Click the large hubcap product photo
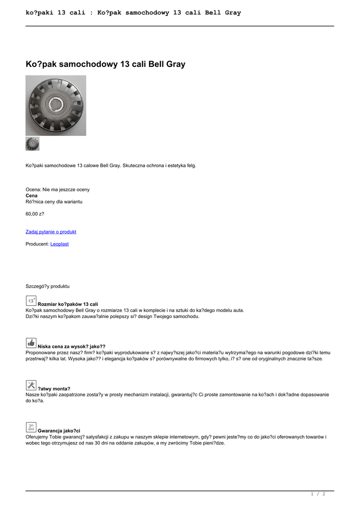point(56,105)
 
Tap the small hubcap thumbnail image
point(32,144)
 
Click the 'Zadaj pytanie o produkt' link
point(51,232)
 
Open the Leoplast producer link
point(60,244)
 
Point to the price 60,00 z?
point(35,214)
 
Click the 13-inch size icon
point(31,300)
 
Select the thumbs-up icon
point(31,342)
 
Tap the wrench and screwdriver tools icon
point(31,384)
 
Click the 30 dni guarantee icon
point(31,427)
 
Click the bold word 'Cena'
point(32,195)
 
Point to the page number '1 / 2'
point(318,494)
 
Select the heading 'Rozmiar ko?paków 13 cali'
point(68,304)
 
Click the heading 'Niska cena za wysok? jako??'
point(72,346)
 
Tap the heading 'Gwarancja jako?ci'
point(59,431)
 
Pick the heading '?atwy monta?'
point(54,388)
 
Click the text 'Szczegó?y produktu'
point(48,286)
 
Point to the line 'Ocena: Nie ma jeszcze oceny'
point(58,190)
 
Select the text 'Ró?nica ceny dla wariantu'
point(54,202)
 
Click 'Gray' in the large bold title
point(174,64)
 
